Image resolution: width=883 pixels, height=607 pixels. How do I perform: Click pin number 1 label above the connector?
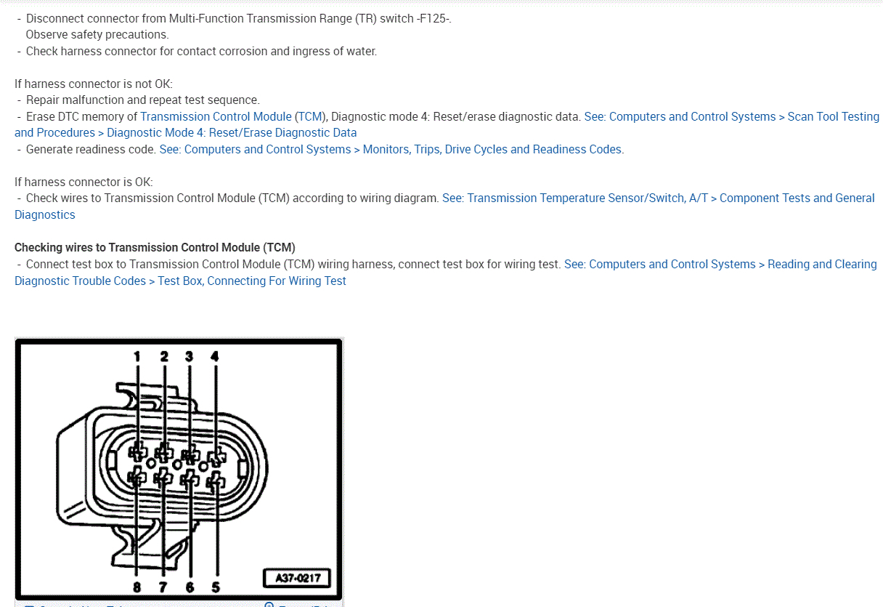(x=137, y=356)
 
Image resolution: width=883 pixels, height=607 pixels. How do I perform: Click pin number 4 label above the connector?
(x=214, y=356)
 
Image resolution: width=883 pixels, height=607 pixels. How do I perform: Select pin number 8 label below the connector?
(x=137, y=587)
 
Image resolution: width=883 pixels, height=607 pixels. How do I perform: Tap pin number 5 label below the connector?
(x=216, y=587)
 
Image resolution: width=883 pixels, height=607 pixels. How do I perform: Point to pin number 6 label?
(x=190, y=587)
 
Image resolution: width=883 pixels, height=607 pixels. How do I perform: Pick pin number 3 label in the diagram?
(x=189, y=356)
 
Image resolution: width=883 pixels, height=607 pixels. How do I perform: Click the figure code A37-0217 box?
(x=296, y=579)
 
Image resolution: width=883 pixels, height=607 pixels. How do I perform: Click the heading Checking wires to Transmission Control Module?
(x=155, y=247)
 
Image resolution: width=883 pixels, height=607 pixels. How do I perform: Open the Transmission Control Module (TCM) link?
(x=232, y=116)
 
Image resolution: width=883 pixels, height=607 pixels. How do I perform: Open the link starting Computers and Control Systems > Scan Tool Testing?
(x=731, y=116)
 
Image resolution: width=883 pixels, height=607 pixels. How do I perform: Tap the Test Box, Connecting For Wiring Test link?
(x=252, y=281)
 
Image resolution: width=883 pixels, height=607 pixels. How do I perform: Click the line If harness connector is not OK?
(x=93, y=84)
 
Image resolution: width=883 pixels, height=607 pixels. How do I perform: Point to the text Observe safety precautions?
(x=97, y=34)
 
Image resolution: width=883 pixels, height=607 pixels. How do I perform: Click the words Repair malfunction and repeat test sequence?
(x=142, y=100)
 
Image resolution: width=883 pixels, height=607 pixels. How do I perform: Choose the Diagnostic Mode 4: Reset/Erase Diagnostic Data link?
(x=232, y=132)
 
